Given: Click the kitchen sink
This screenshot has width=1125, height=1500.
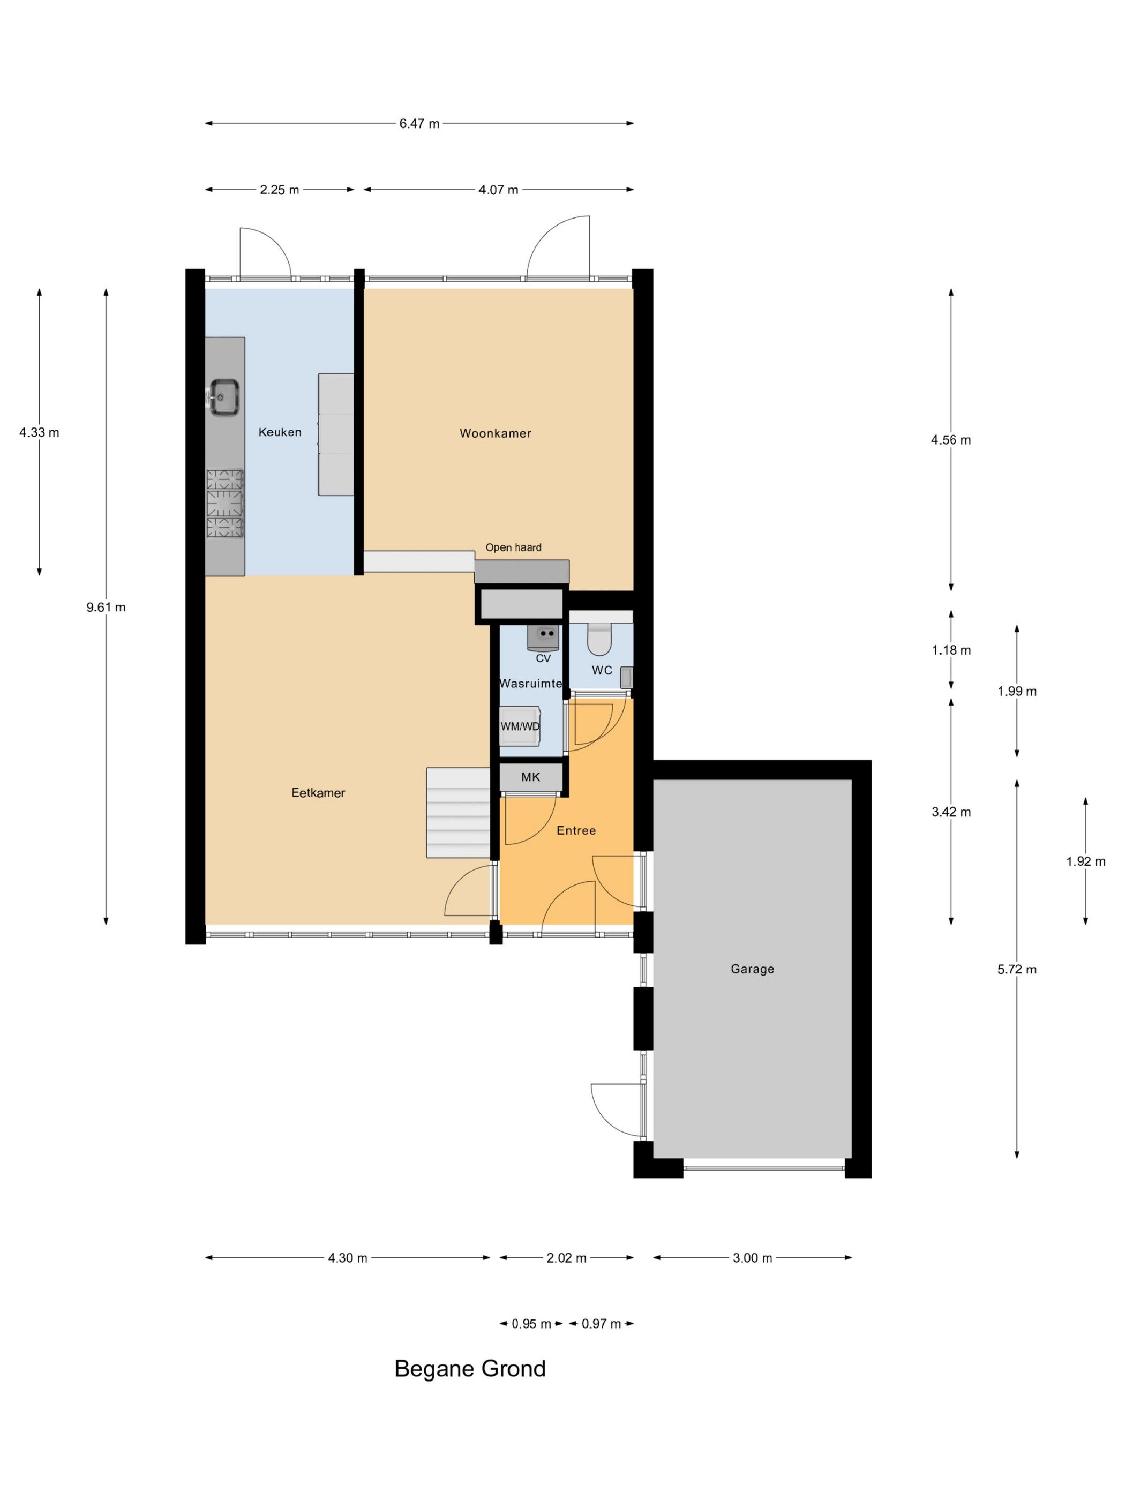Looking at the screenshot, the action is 223,397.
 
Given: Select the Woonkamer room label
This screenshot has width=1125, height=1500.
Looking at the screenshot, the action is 495,433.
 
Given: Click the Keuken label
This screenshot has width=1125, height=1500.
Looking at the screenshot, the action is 280,432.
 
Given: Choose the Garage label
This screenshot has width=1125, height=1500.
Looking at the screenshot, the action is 752,969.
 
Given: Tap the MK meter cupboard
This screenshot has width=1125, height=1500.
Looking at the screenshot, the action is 530,777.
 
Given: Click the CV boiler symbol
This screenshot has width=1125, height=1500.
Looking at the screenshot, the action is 543,638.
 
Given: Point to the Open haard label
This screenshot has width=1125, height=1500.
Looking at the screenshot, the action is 513,547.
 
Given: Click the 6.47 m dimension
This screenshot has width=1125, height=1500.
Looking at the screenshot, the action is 419,123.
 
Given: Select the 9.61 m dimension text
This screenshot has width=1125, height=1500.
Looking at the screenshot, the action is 106,607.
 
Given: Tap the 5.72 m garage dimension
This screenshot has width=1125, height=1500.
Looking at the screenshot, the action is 1016,969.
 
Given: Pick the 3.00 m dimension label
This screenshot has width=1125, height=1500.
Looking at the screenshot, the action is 752,1258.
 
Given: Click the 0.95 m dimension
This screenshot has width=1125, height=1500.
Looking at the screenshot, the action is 531,1324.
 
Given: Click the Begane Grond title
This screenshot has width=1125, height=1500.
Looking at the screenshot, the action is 470,1368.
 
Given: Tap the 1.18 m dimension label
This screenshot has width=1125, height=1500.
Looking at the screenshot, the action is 951,650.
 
